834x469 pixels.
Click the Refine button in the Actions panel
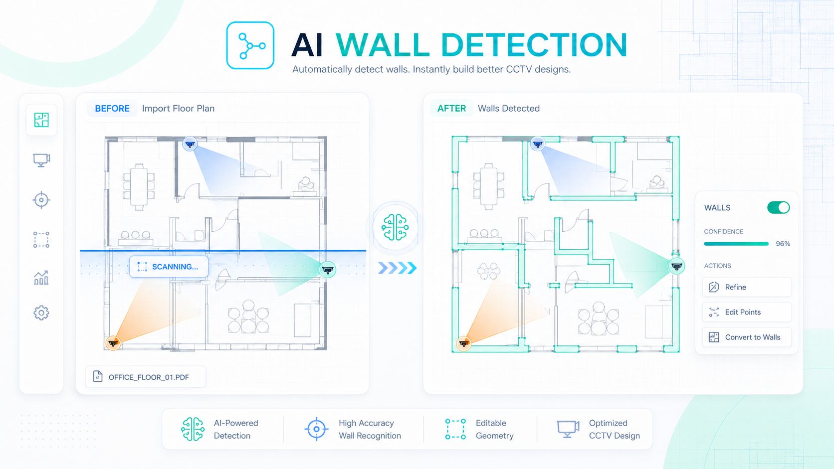[747, 287]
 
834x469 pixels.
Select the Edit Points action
[747, 312]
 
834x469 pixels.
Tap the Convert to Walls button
[747, 337]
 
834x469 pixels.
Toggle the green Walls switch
[778, 207]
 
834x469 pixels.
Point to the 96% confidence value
[783, 244]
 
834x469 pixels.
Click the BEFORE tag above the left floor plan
[112, 109]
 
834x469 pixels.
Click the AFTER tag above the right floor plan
[451, 109]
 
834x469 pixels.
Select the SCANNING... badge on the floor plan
[169, 267]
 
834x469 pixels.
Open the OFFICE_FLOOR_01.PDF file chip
[146, 377]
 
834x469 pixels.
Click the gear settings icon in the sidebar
[41, 313]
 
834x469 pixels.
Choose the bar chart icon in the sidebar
[41, 278]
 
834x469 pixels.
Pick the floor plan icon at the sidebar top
[41, 120]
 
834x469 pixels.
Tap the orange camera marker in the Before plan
[113, 343]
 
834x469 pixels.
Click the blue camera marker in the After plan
[537, 144]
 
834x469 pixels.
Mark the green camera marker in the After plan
[676, 266]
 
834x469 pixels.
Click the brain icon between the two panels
[396, 227]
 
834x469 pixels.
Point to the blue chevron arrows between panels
[397, 268]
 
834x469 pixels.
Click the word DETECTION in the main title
[534, 45]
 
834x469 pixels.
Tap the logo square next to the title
[250, 45]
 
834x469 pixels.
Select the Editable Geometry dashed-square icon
[455, 429]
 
